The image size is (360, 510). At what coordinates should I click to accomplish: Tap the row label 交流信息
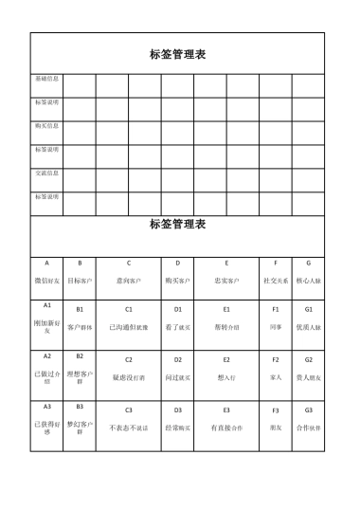[x=46, y=173]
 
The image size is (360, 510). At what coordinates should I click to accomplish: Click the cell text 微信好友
[x=46, y=281]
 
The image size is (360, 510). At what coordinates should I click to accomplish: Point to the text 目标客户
[x=80, y=281]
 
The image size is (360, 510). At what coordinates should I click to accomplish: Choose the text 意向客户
[x=128, y=281]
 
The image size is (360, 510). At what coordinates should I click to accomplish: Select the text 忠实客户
[x=226, y=281]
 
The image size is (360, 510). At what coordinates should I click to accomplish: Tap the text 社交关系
[x=276, y=281]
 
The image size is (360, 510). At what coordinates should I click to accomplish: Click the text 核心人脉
[x=309, y=281]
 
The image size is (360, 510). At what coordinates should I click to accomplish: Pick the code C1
[x=128, y=309]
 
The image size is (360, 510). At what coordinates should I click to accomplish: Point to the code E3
[x=226, y=410]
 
